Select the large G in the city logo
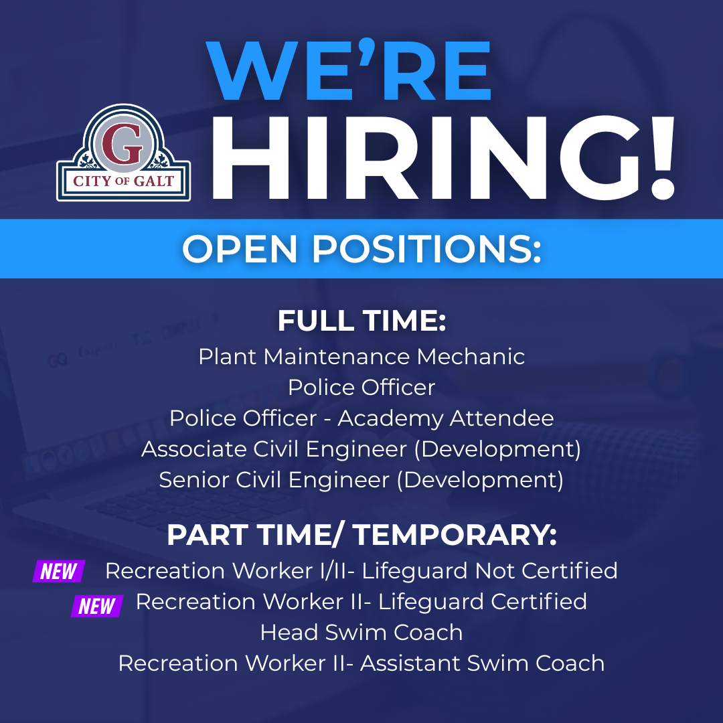123,145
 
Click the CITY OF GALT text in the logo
123,181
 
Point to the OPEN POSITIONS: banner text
361,249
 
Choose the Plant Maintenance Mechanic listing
361,357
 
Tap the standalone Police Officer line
361,388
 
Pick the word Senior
189,480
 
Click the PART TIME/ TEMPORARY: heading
361,535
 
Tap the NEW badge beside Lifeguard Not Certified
59,572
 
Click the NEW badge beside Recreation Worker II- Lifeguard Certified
97,607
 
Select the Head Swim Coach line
361,633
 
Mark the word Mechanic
471,357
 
